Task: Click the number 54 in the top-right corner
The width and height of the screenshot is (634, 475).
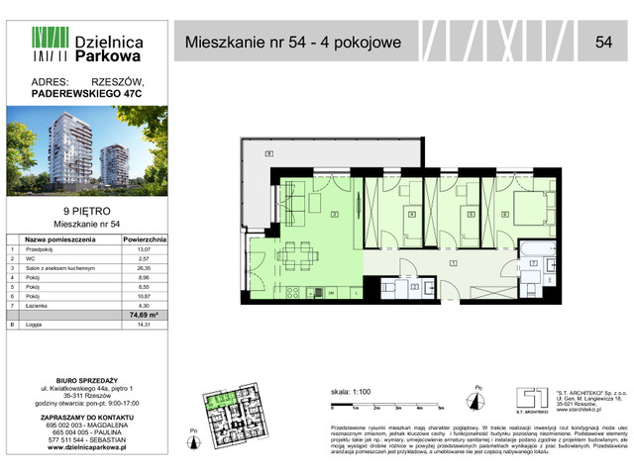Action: tap(603, 41)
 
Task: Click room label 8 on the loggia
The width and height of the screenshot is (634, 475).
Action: tap(268, 155)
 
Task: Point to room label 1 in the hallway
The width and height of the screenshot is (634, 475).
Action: tap(452, 262)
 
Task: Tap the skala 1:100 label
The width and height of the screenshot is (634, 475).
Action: tap(348, 392)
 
